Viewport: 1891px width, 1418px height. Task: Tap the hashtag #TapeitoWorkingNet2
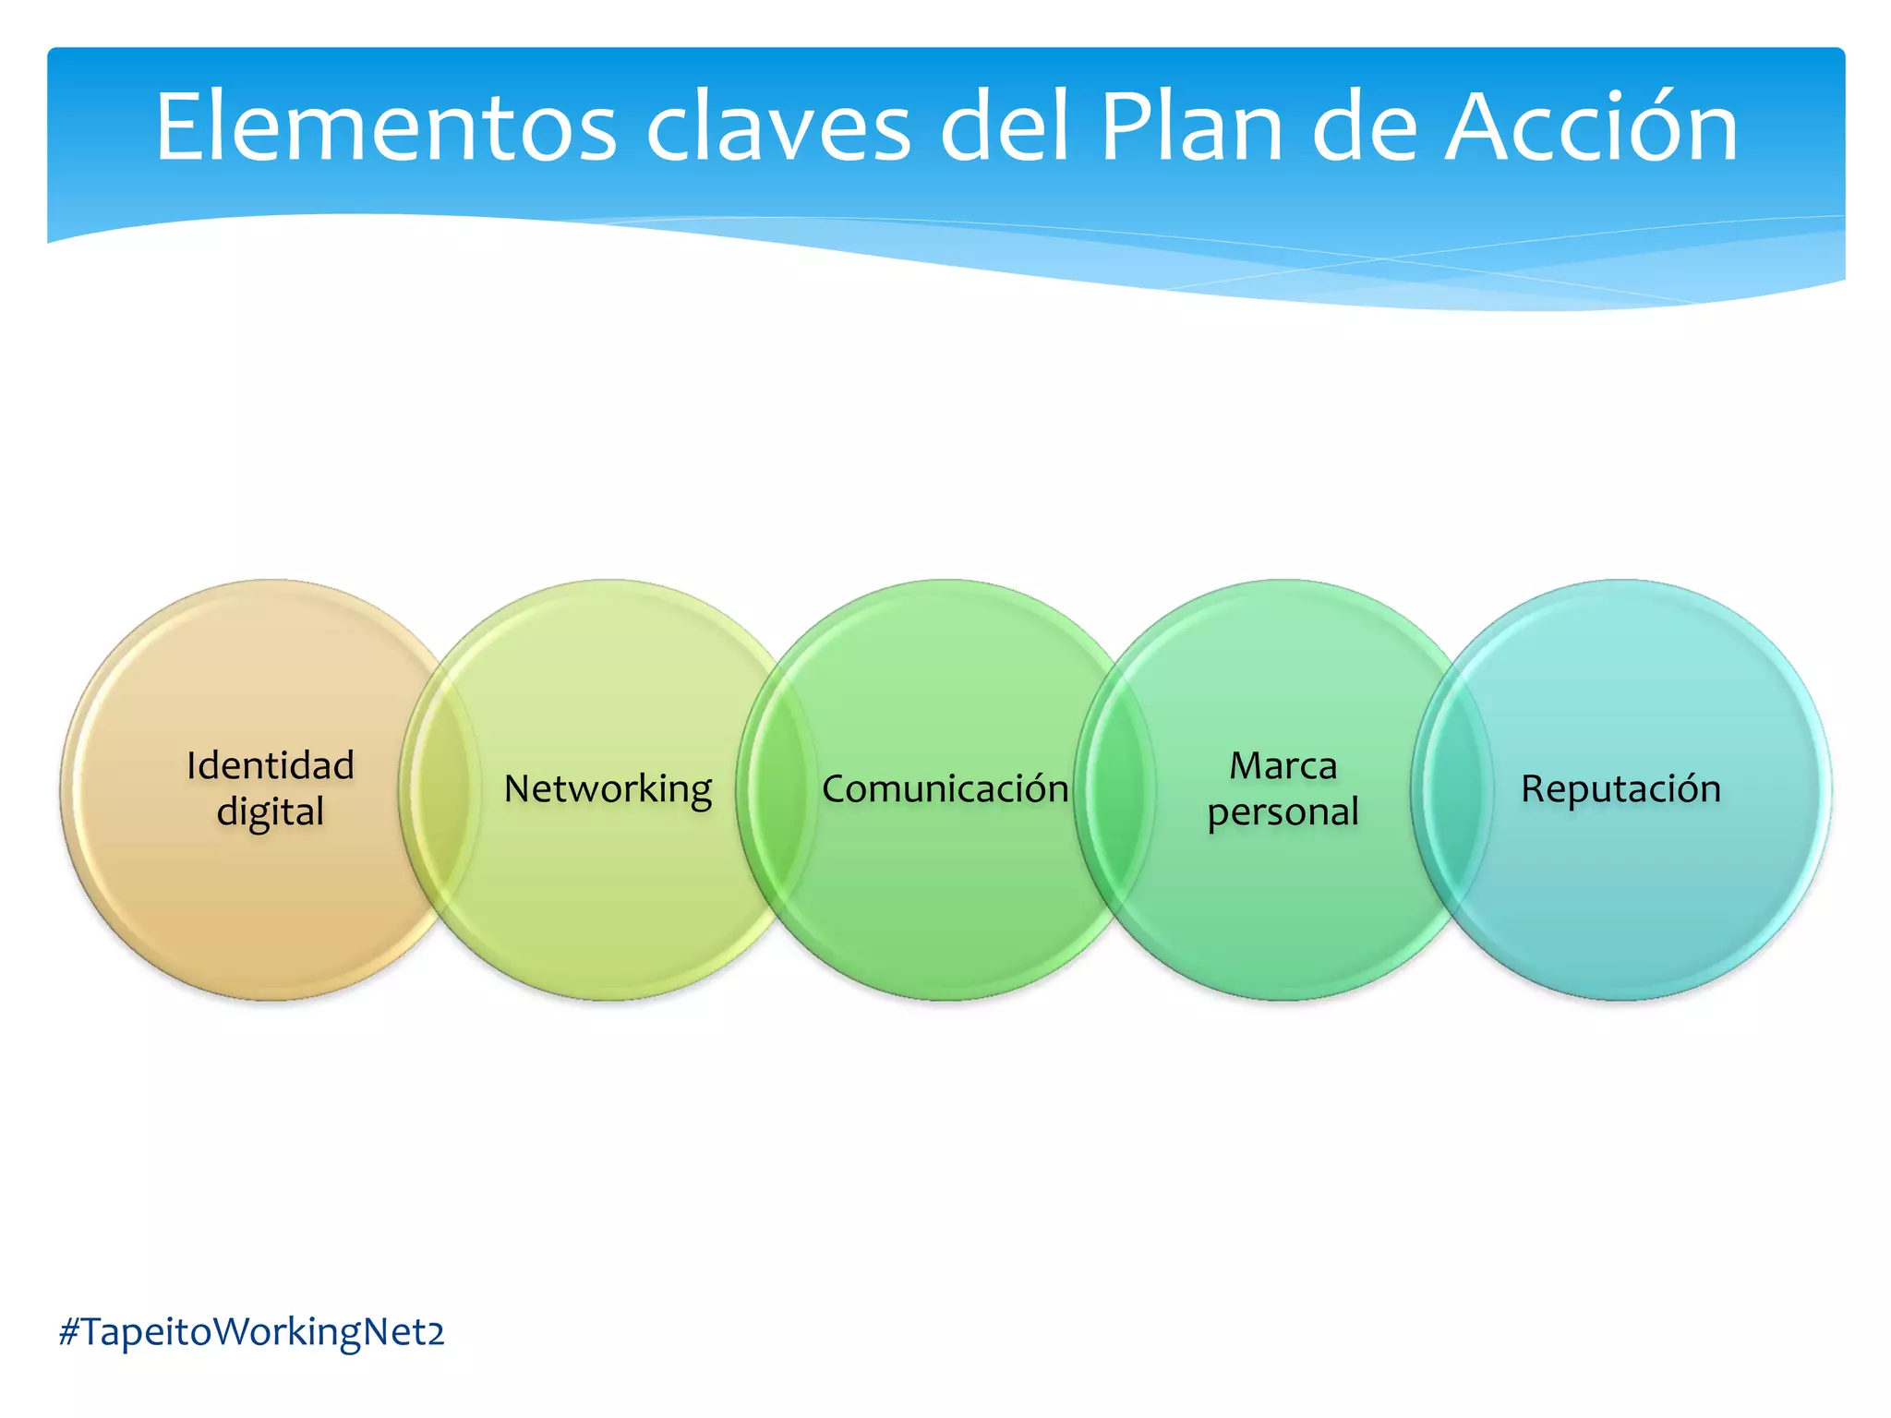click(x=251, y=1332)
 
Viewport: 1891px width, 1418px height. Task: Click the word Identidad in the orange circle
click(x=270, y=765)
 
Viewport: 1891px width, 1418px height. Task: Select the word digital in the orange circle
click(x=270, y=812)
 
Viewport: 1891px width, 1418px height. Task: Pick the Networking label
click(x=608, y=789)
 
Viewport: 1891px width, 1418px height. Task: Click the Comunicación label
click(x=945, y=789)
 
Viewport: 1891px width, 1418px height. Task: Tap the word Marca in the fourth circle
click(x=1283, y=765)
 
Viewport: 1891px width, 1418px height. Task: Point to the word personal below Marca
click(x=1283, y=812)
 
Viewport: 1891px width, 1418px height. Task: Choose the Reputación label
click(x=1620, y=789)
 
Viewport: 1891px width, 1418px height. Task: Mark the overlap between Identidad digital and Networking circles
click(x=440, y=789)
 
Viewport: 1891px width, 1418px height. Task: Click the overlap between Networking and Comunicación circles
click(x=777, y=789)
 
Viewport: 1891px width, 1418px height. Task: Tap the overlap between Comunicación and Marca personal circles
click(x=1114, y=789)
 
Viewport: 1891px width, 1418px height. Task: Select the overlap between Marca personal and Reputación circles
click(x=1451, y=789)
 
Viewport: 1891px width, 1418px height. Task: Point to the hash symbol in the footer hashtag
click(x=69, y=1332)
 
